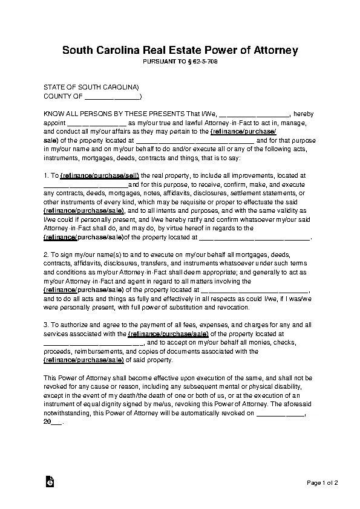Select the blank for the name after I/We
253,114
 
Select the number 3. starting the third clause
47,325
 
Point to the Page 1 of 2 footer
322,482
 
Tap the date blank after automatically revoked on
280,415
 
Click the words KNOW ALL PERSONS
78,114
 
